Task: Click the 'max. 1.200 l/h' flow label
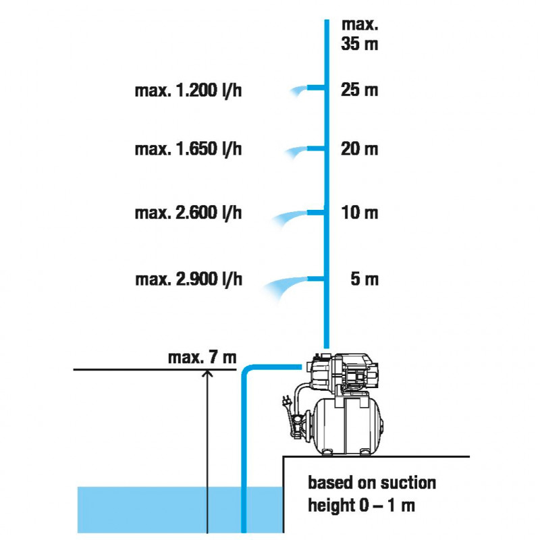click(x=188, y=90)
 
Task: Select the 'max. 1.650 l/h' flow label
click(x=188, y=149)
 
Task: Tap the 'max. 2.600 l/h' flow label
click(x=188, y=213)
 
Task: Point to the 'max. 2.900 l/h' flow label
click(x=189, y=279)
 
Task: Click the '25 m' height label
click(x=360, y=90)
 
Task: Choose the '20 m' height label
click(x=360, y=149)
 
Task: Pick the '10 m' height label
click(x=360, y=213)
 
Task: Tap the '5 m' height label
click(x=364, y=279)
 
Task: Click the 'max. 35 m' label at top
click(x=360, y=34)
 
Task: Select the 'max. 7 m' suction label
click(x=202, y=358)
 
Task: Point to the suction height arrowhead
click(x=207, y=373)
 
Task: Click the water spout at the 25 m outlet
click(x=298, y=90)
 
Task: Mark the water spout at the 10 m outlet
click(x=289, y=217)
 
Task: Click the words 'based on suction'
click(x=372, y=483)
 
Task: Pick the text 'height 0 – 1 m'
click(x=361, y=506)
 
